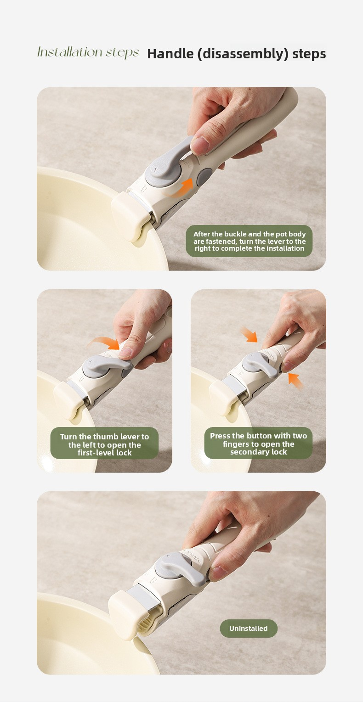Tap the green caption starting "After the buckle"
click(250, 241)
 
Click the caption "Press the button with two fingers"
click(258, 444)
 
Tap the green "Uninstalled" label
click(249, 629)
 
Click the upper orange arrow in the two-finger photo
click(249, 334)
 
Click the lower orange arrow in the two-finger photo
click(295, 381)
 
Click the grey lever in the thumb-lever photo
click(107, 367)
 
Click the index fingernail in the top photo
click(200, 146)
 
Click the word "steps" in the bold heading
click(309, 54)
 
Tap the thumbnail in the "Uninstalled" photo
click(217, 573)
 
